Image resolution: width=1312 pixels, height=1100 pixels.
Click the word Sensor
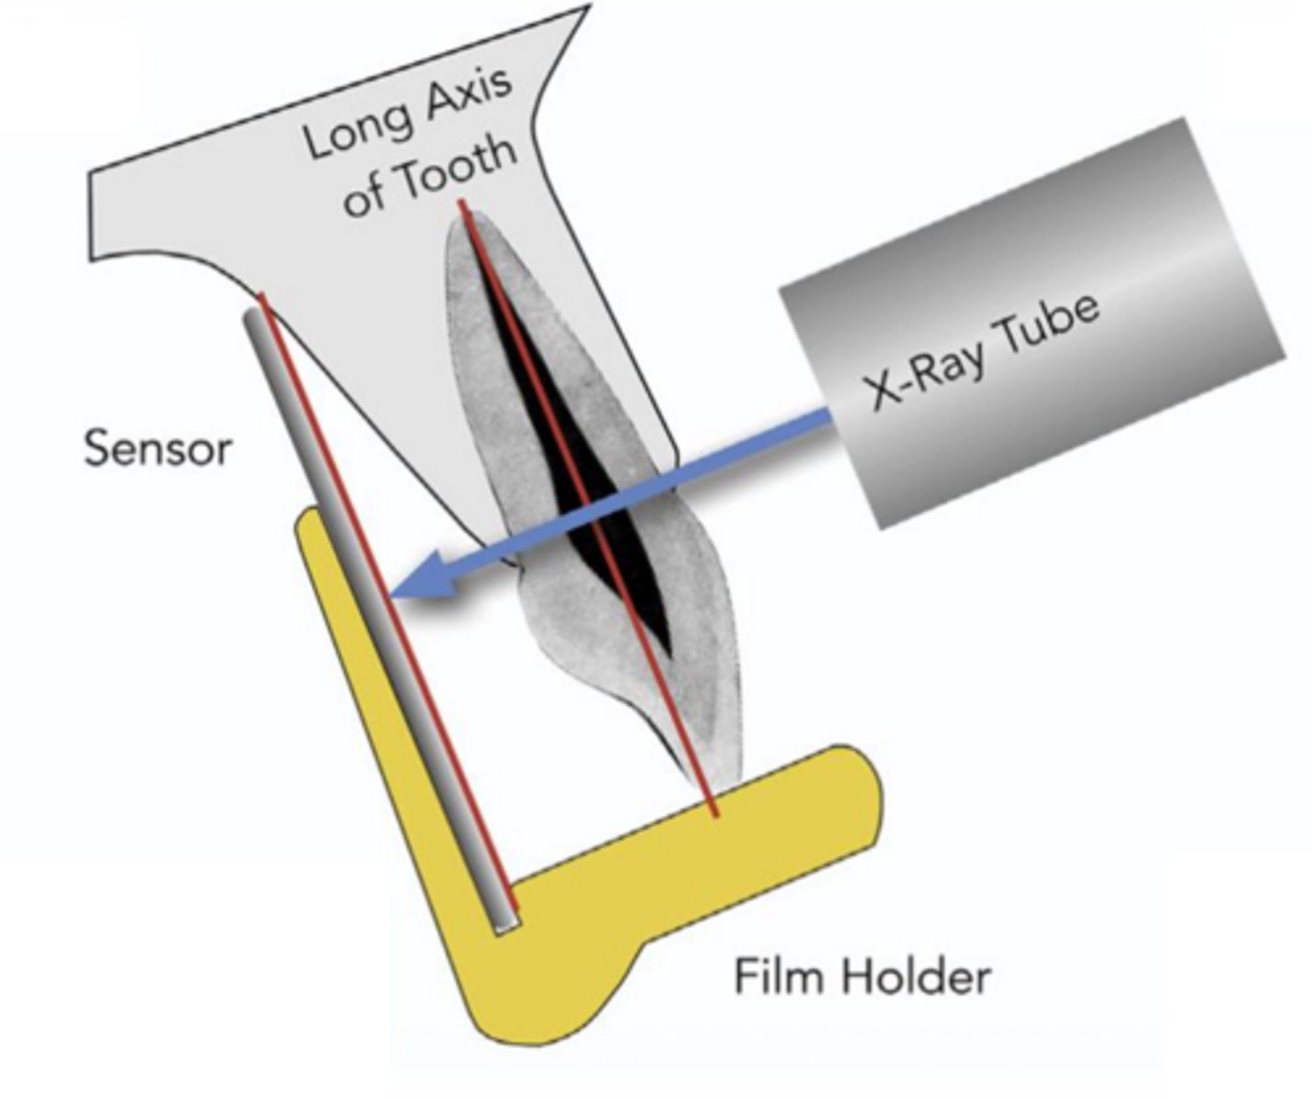158,449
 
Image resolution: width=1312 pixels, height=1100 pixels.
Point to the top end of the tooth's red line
464,203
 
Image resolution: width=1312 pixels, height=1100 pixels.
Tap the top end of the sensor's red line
262,296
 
